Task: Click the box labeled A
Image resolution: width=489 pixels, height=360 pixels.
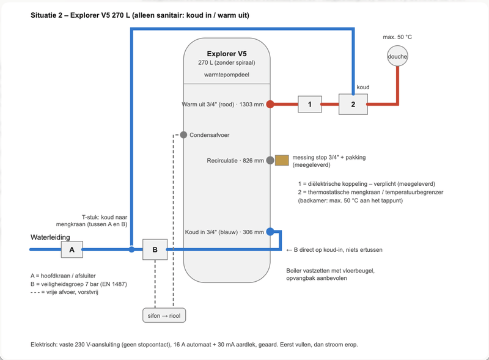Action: (72, 249)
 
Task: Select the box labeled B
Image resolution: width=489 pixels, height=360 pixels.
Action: (155, 249)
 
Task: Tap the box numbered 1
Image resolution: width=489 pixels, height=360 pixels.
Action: (310, 104)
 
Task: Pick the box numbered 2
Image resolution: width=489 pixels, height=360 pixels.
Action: (353, 104)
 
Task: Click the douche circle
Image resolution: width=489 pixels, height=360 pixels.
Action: (397, 56)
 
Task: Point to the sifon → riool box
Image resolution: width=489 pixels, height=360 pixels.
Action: (164, 315)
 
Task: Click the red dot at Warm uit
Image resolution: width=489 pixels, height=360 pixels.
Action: (270, 104)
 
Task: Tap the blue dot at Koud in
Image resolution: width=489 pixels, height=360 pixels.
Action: (270, 232)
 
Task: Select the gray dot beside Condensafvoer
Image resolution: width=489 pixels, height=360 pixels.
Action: (183, 134)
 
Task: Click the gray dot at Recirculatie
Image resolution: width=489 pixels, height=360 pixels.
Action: (270, 160)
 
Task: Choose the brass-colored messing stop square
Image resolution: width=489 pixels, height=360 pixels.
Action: (282, 160)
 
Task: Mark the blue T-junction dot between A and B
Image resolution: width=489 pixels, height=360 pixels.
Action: (131, 249)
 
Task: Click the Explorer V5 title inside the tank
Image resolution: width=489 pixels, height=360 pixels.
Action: (227, 54)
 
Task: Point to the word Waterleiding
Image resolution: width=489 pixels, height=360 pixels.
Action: (50, 237)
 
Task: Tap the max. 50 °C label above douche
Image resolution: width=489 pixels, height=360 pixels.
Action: (397, 37)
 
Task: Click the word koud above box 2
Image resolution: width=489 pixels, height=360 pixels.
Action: (363, 87)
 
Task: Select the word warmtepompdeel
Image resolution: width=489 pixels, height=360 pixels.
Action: (227, 75)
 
